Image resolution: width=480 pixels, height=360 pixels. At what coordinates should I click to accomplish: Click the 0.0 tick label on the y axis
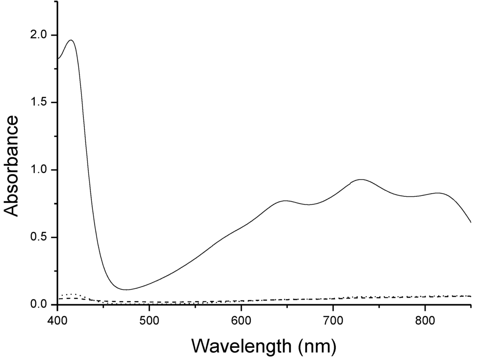[x=39, y=305]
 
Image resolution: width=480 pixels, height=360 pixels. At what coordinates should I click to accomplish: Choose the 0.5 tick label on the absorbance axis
[x=39, y=237]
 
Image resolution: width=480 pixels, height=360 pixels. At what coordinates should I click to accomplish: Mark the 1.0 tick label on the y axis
[x=39, y=170]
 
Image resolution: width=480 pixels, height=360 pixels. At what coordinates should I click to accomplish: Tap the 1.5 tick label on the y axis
[x=39, y=102]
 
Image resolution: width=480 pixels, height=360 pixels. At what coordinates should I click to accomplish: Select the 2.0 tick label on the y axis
[x=39, y=35]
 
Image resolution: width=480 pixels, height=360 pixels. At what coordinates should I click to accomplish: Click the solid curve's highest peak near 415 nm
[x=71, y=40]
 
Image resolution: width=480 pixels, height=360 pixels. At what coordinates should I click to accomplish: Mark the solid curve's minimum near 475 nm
[x=126, y=290]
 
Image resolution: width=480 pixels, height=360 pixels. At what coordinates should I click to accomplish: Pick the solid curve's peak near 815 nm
[x=438, y=193]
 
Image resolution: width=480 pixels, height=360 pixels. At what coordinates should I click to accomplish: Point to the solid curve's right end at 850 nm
[x=471, y=222]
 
